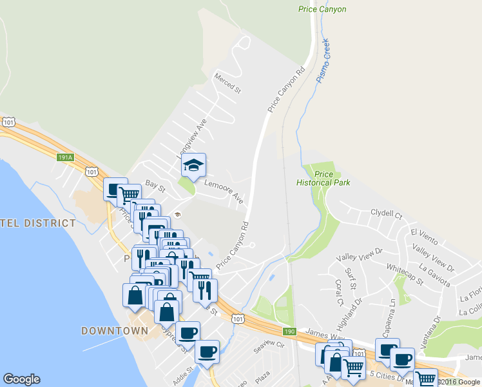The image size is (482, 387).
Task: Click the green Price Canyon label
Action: (x=322, y=9)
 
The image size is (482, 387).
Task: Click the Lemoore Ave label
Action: (x=223, y=191)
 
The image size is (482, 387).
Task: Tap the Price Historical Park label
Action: (x=323, y=179)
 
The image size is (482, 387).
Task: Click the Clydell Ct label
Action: (x=386, y=213)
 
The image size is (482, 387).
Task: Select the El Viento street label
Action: (x=423, y=237)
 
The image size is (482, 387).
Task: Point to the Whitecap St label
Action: (x=405, y=273)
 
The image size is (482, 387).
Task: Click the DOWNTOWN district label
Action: (x=115, y=331)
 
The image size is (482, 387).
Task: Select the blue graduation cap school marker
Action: (x=193, y=166)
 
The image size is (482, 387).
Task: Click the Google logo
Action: (x=21, y=379)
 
